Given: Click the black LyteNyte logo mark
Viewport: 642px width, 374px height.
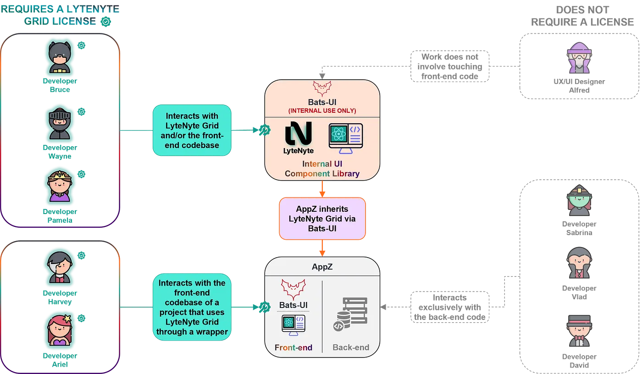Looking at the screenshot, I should pyautogui.click(x=299, y=133).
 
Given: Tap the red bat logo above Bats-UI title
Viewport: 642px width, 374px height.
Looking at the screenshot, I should pyautogui.click(x=322, y=88).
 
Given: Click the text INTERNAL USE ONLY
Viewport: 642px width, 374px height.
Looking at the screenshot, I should pyautogui.click(x=322, y=110).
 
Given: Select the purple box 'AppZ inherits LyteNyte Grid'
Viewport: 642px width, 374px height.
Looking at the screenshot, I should pyautogui.click(x=322, y=219).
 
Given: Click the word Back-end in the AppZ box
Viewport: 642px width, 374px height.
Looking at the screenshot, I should pyautogui.click(x=351, y=347).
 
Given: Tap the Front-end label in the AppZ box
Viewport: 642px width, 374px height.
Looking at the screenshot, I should pyautogui.click(x=293, y=347).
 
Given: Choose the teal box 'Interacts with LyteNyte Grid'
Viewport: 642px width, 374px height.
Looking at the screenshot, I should pyautogui.click(x=192, y=130).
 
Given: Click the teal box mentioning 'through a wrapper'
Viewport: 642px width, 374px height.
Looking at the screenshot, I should pyautogui.click(x=192, y=308).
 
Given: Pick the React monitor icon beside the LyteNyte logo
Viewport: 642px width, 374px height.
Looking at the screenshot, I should pyautogui.click(x=346, y=138).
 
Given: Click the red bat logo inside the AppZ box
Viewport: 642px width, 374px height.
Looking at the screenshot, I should pyautogui.click(x=293, y=289).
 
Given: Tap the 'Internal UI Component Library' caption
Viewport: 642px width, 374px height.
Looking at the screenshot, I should pyautogui.click(x=322, y=169).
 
